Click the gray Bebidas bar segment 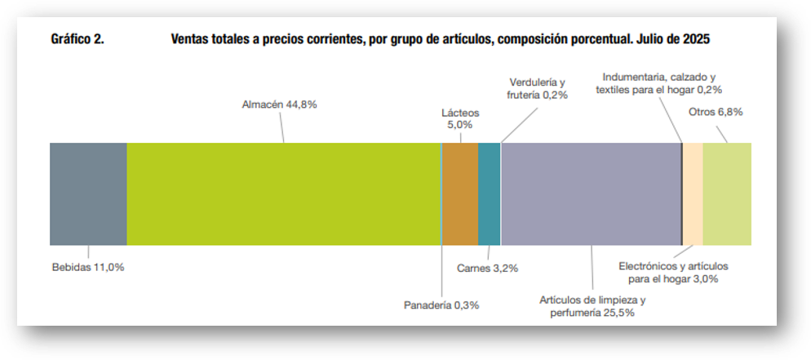point(88,193)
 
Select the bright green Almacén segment point(283,193)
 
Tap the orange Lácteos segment point(459,193)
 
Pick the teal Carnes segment point(489,193)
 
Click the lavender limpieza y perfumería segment point(591,193)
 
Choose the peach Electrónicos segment point(693,193)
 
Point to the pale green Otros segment point(726,193)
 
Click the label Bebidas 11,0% point(88,267)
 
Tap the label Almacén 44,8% point(279,104)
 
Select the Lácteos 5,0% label point(460,118)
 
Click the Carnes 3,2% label point(487,268)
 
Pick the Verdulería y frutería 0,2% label point(537,88)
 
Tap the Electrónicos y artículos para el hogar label point(673,273)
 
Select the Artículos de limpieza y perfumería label point(592,305)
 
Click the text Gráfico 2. point(77,39)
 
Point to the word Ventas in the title point(192,39)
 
